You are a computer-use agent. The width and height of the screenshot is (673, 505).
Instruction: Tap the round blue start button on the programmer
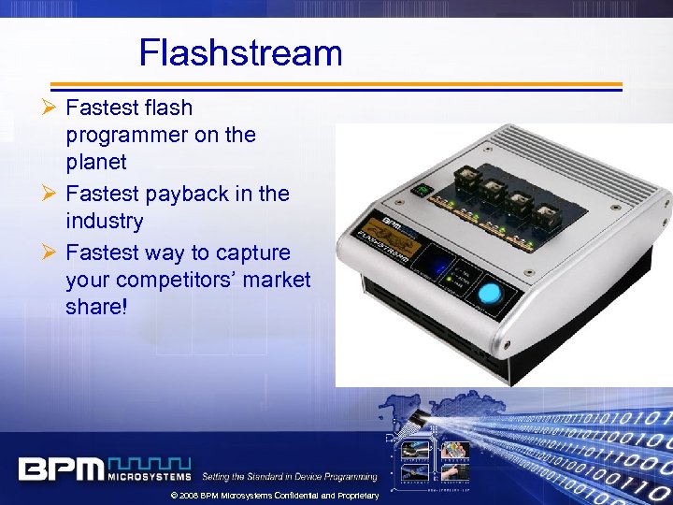point(489,294)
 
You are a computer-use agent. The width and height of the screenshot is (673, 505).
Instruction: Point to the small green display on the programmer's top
point(422,190)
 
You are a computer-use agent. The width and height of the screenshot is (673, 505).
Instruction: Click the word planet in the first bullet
point(96,163)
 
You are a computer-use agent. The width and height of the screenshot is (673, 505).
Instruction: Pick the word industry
point(105,222)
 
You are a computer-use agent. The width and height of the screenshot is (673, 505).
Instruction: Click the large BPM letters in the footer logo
point(61,469)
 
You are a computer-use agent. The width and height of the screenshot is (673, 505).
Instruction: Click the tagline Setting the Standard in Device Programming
point(290,477)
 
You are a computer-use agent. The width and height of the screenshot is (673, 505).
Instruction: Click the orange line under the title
point(336,84)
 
